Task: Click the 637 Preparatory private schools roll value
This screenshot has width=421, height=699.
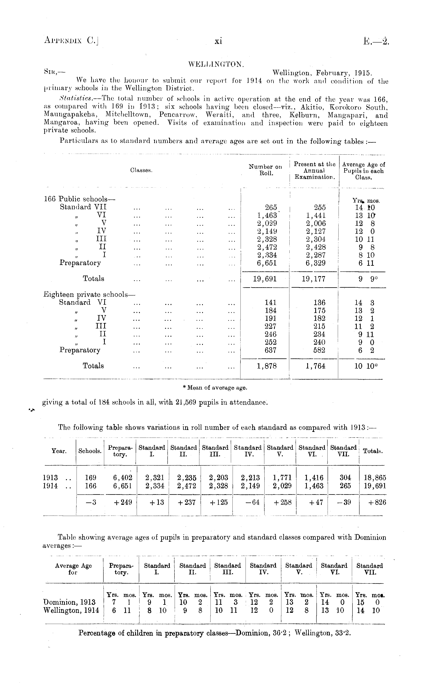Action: click(x=270, y=350)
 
